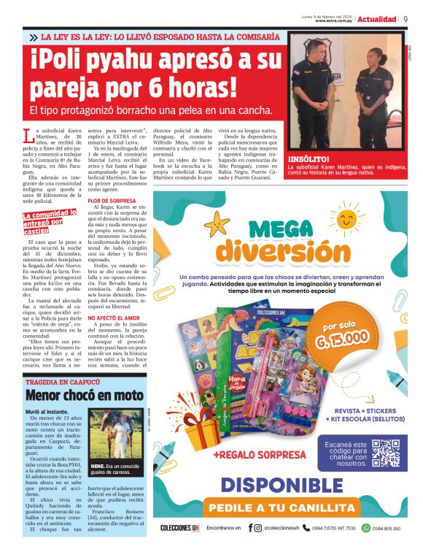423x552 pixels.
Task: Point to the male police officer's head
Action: tap(316, 52)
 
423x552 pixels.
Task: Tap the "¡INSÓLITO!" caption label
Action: tap(308, 158)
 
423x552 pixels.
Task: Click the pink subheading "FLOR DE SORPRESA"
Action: tap(111, 200)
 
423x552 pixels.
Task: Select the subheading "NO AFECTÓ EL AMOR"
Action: tap(113, 318)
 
